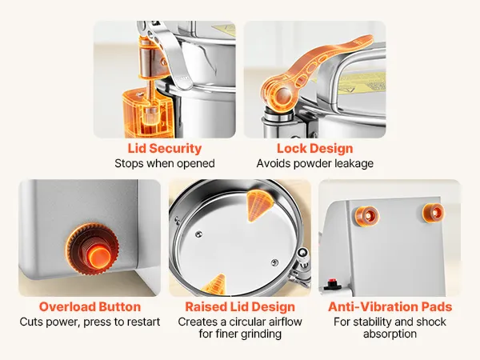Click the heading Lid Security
(165, 149)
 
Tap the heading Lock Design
(315, 149)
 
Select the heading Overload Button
(90, 306)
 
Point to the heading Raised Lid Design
(240, 306)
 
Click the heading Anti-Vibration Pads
(390, 306)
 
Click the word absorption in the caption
(390, 334)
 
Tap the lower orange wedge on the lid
(214, 284)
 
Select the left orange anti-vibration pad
(366, 216)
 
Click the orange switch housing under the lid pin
(147, 114)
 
